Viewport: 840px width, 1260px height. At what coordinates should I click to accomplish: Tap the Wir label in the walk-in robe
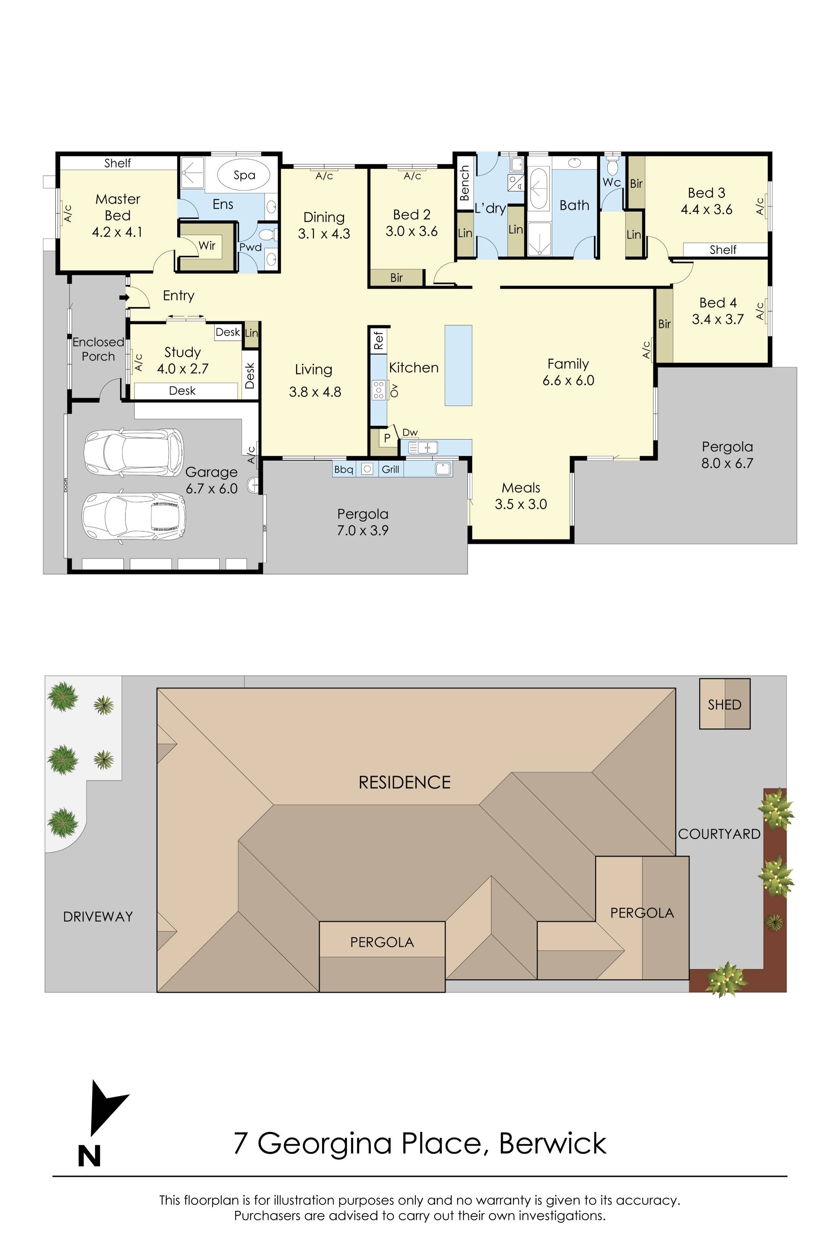click(x=207, y=246)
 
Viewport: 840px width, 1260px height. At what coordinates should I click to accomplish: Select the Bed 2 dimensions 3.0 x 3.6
click(x=412, y=231)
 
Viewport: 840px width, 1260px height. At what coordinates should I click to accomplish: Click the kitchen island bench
click(x=458, y=365)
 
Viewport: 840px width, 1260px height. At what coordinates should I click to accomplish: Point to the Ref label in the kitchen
click(x=378, y=340)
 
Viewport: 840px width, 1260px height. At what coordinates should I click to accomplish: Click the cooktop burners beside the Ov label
click(x=378, y=390)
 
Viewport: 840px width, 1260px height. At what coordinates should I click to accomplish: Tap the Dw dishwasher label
click(x=410, y=432)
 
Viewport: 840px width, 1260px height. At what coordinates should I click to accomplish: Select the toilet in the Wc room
click(x=612, y=167)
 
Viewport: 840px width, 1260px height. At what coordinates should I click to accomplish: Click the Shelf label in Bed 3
click(x=723, y=249)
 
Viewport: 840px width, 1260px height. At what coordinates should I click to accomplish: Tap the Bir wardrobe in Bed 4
click(x=664, y=324)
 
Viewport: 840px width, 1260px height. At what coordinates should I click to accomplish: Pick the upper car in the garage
click(x=134, y=452)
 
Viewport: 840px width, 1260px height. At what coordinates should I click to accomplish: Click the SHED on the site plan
click(x=724, y=704)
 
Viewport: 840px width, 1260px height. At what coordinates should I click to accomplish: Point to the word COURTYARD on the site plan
click(x=719, y=834)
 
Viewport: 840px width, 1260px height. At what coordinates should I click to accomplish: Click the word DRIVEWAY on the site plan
click(x=97, y=916)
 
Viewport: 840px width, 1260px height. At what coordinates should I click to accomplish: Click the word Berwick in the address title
click(x=552, y=1143)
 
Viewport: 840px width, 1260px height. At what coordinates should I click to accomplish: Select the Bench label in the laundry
click(x=465, y=183)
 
